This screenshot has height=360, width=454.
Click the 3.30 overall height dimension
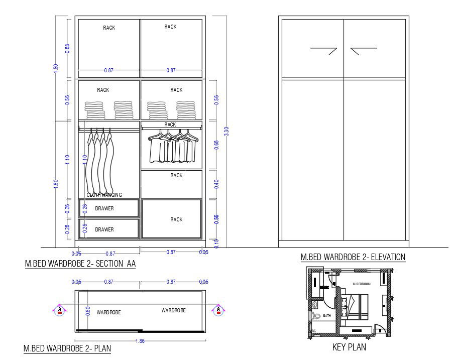226,131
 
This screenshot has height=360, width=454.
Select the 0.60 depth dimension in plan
88,311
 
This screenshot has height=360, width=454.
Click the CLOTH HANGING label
104,195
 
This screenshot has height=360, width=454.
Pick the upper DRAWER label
104,208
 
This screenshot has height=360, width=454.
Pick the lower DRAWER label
104,229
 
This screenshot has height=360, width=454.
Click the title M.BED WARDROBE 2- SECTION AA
80,263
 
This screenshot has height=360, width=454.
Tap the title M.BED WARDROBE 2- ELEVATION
353,257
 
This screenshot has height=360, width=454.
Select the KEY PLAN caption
349,347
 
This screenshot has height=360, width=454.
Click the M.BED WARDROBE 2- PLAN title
67,348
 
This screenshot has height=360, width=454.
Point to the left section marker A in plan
60,309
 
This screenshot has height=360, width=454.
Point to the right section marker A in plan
218,309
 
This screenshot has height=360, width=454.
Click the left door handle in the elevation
324,50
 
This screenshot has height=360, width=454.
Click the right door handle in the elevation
364,50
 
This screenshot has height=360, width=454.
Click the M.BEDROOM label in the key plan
362,284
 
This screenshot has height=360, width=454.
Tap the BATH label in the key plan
327,316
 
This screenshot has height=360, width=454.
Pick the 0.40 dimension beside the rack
216,184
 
